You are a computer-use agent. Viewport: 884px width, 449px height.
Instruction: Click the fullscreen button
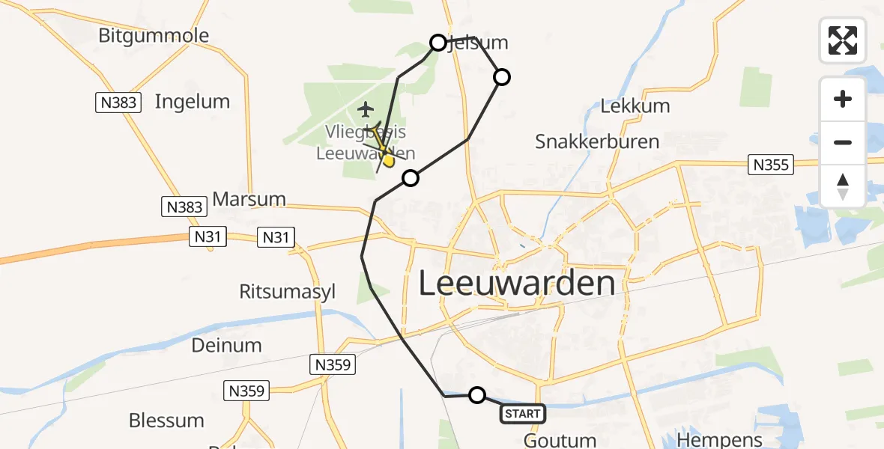[843, 40]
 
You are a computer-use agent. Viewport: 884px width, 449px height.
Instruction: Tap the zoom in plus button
[843, 100]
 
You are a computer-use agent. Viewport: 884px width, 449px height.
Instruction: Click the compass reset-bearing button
[843, 186]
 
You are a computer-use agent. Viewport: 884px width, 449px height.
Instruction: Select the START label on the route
[522, 414]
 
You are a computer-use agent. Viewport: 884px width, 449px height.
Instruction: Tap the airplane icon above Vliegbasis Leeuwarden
[366, 110]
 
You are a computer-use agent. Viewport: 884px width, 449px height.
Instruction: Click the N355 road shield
[772, 165]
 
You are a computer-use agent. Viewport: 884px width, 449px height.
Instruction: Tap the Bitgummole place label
[154, 36]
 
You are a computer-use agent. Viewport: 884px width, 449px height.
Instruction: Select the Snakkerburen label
[597, 141]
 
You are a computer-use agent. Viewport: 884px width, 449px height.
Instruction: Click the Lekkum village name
[635, 106]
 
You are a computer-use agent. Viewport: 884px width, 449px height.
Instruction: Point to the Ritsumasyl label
[287, 292]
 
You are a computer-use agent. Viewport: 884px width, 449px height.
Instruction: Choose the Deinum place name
[226, 345]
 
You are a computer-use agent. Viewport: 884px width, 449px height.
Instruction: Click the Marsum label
[249, 200]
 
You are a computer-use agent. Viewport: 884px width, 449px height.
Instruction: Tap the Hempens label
[719, 439]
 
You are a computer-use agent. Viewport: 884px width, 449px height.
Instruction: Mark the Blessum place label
[166, 421]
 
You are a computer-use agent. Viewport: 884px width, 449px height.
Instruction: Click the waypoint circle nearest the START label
[477, 395]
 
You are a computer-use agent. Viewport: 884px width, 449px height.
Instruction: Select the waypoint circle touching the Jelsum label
[438, 43]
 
